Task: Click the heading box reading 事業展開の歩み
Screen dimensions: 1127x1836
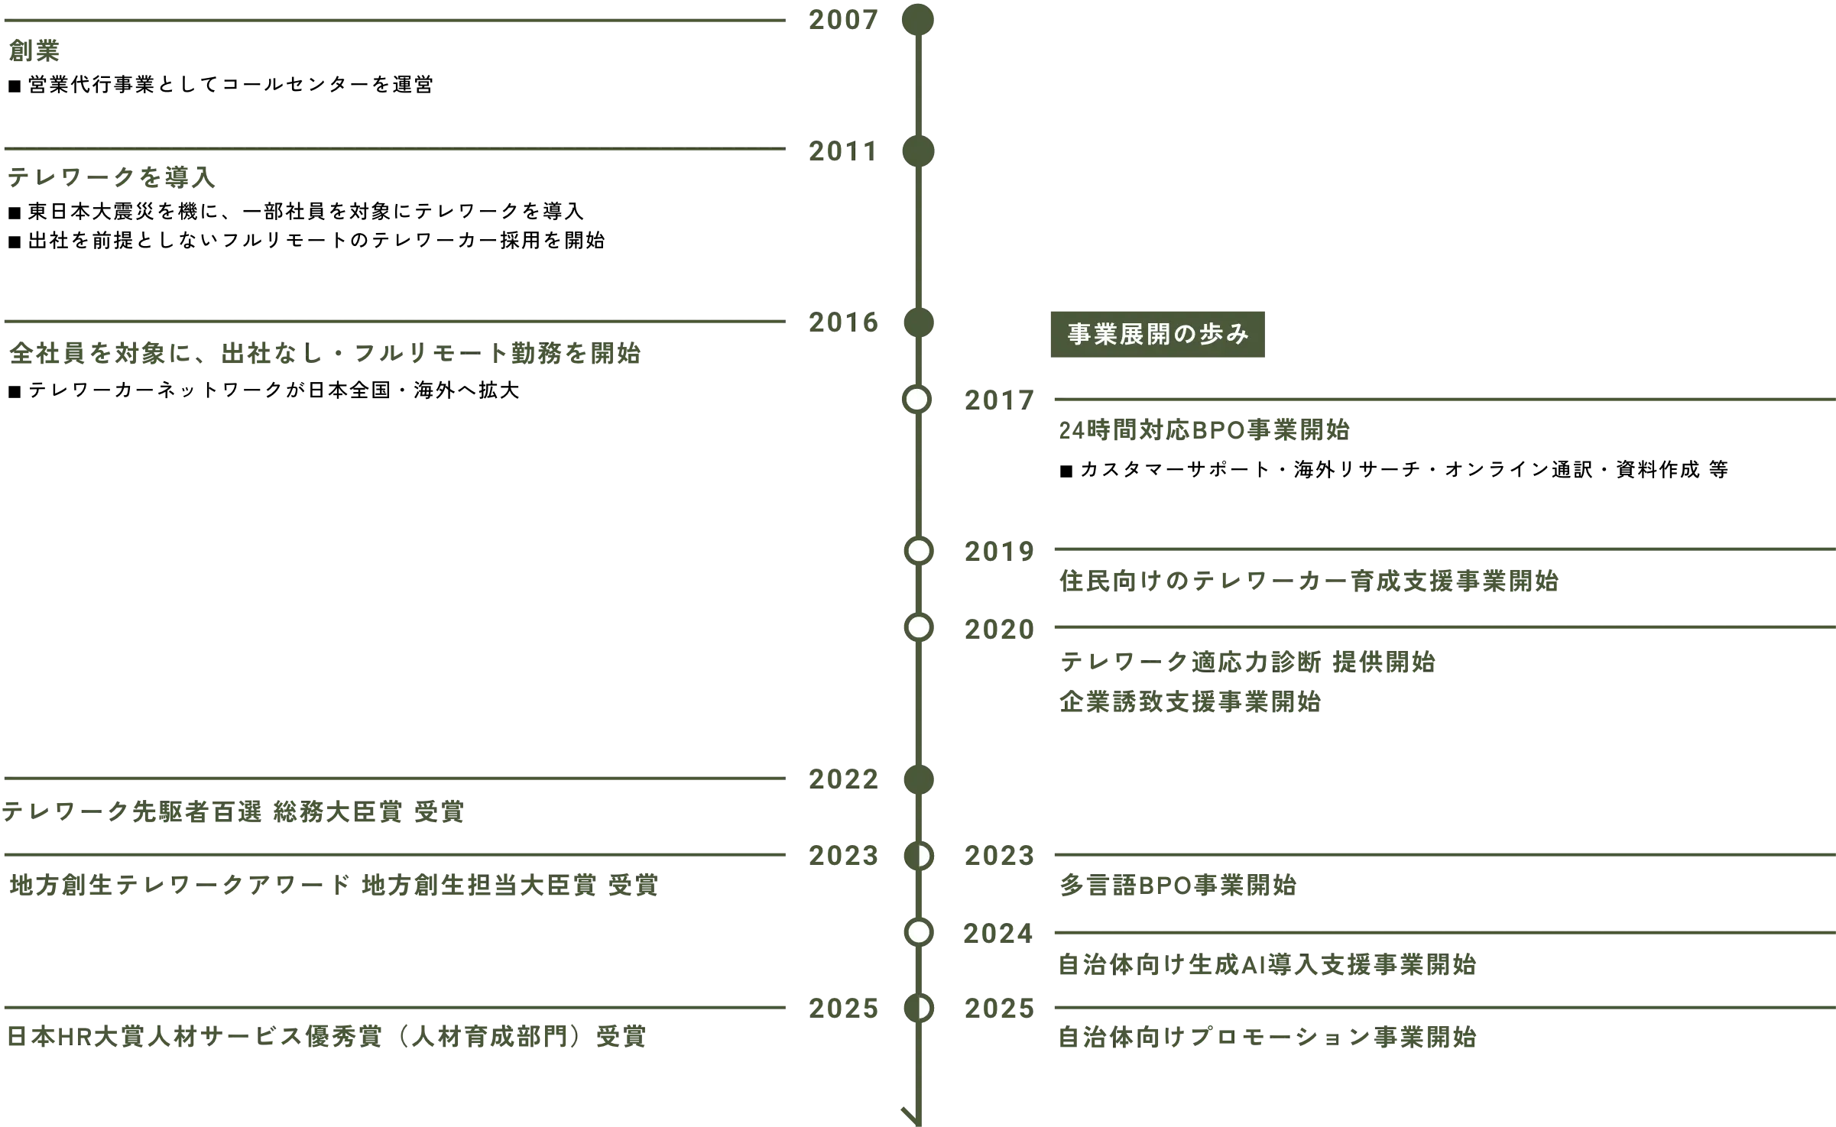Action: [x=1155, y=334]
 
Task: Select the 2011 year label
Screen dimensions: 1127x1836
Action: [x=840, y=154]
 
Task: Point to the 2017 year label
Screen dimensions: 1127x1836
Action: [x=996, y=399]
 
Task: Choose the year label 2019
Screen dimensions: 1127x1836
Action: [x=996, y=551]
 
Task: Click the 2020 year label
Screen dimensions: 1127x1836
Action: [x=996, y=629]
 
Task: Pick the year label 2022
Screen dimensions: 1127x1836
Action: [x=844, y=779]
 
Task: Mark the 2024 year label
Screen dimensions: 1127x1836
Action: [x=996, y=934]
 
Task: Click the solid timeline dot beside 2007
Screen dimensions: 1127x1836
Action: [x=917, y=19]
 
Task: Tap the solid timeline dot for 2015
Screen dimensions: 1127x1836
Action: [x=917, y=323]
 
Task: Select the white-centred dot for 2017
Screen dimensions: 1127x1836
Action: [x=917, y=400]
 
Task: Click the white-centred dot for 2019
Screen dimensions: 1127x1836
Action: [x=917, y=551]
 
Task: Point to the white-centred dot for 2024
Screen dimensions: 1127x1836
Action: [x=918, y=932]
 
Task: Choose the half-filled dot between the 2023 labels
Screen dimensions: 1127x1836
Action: [x=918, y=856]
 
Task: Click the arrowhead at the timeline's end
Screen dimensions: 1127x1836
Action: [x=911, y=1114]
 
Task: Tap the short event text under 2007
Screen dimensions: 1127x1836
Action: [x=33, y=53]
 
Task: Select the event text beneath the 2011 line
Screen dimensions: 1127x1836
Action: [x=112, y=179]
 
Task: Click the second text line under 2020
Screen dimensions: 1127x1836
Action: [x=1189, y=701]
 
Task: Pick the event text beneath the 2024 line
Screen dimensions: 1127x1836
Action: [x=1267, y=964]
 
